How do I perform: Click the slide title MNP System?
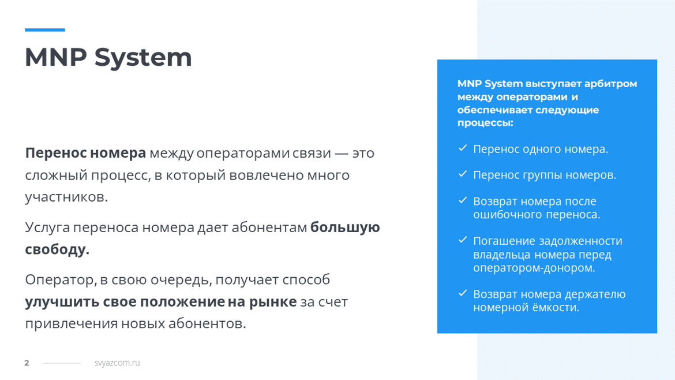[108, 57]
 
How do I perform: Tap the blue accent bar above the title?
[45, 29]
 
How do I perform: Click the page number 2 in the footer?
[27, 363]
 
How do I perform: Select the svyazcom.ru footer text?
[117, 363]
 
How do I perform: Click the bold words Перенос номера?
[85, 153]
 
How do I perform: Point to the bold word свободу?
[57, 249]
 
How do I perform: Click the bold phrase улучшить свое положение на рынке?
[160, 301]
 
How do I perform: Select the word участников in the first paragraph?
[66, 197]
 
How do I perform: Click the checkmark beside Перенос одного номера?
[463, 148]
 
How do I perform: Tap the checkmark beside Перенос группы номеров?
[463, 174]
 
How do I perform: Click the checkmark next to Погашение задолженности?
[463, 240]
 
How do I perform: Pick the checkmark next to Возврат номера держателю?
[463, 293]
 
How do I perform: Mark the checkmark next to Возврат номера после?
[463, 200]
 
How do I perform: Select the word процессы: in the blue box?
[485, 123]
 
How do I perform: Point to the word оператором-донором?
[534, 268]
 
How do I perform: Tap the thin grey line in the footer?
[62, 363]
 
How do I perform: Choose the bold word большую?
[345, 228]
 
